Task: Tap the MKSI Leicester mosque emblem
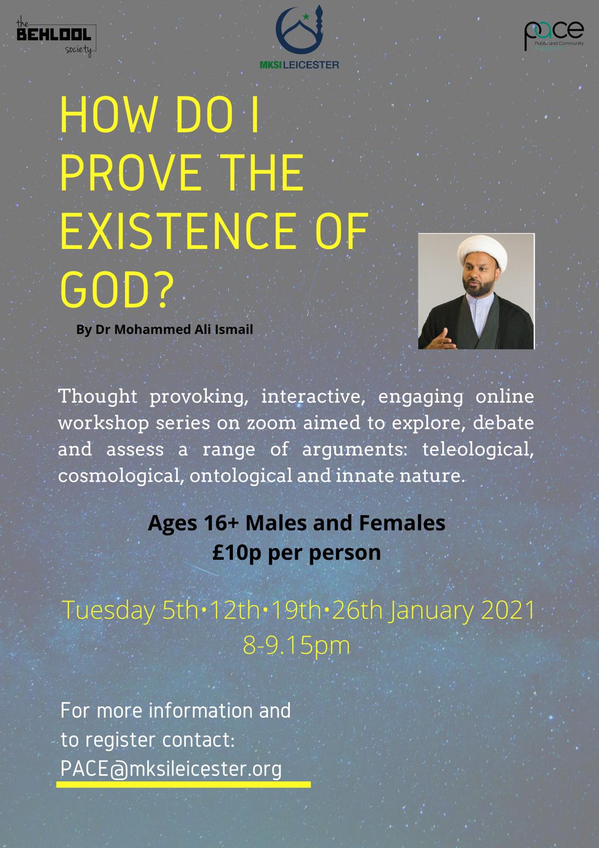click(x=299, y=30)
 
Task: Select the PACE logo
click(x=554, y=35)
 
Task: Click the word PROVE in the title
click(x=130, y=173)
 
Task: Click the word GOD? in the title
click(x=117, y=289)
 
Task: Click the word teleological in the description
click(x=478, y=450)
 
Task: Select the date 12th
click(x=235, y=611)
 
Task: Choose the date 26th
click(x=357, y=611)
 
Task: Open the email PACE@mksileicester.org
click(x=171, y=769)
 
